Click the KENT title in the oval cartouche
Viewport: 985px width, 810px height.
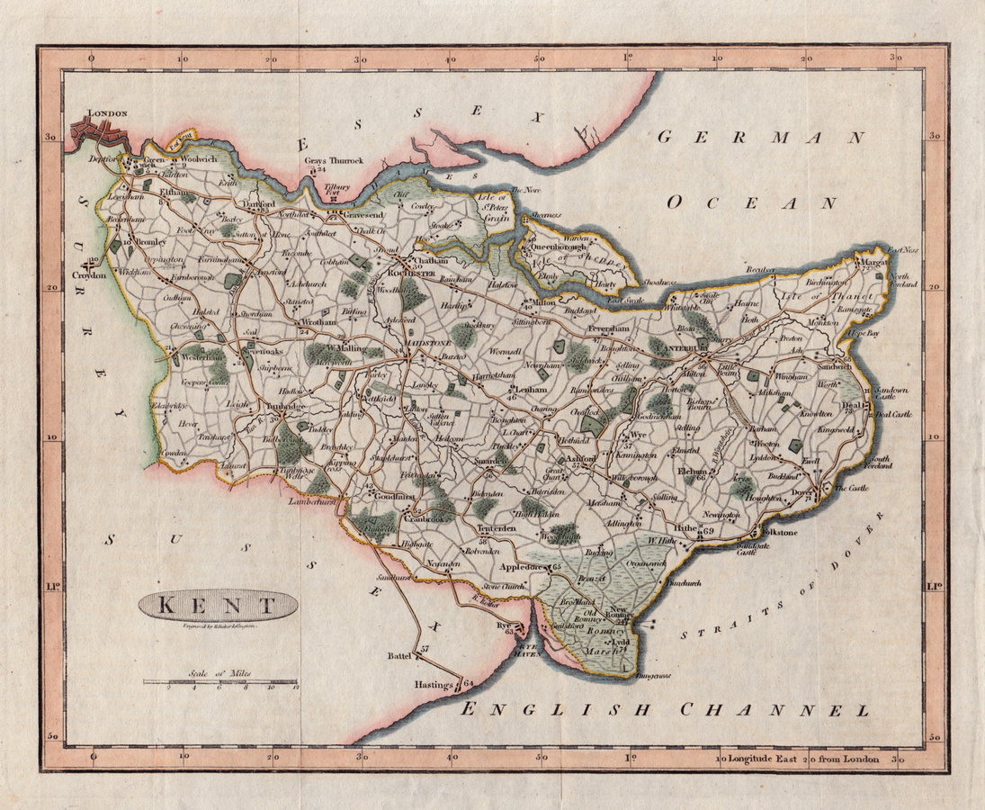218,604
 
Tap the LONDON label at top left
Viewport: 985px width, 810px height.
107,114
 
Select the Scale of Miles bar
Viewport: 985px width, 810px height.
219,682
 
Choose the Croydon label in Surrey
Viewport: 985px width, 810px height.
90,275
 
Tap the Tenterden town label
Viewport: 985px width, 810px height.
496,529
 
